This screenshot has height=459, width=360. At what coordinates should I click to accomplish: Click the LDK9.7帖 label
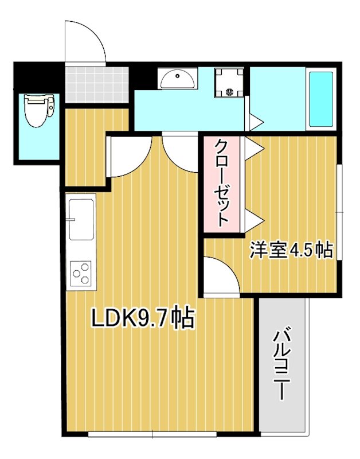point(144,318)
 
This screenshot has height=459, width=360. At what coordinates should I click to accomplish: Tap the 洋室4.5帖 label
point(290,250)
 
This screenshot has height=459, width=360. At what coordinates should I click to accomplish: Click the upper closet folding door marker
point(256,147)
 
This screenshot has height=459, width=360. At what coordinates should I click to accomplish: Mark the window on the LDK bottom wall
point(152,434)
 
